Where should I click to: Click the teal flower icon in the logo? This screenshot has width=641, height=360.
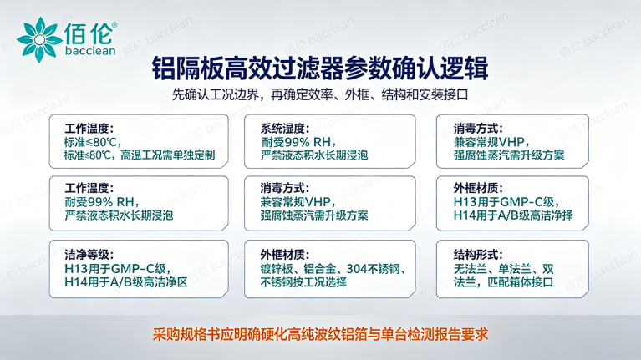[39, 39]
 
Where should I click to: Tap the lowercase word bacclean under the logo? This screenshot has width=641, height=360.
[90, 51]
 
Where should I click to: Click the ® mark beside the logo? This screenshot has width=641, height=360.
[114, 25]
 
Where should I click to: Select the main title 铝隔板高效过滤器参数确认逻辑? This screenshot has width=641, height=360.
[320, 68]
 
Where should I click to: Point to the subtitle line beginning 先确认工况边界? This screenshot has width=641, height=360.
[320, 94]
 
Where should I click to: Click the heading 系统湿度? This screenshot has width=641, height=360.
[285, 129]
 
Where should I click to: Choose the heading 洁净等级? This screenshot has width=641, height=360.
[89, 255]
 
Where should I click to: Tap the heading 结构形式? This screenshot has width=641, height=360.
[478, 255]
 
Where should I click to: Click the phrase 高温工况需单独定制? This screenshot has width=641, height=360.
[168, 155]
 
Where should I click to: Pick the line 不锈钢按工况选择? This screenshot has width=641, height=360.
[303, 282]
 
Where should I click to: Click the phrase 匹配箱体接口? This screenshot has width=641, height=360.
[521, 282]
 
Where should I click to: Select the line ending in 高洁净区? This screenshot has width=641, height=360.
[126, 282]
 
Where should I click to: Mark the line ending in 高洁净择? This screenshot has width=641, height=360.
[513, 215]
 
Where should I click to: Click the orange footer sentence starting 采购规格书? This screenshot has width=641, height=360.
[320, 334]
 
